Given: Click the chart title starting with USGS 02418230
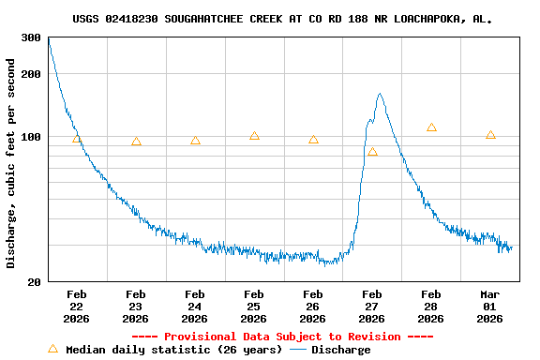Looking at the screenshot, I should [282, 19].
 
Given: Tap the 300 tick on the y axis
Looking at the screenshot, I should [31, 37].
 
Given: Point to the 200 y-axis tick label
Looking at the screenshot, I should [31, 73].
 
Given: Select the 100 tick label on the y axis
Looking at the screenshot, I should [31, 137].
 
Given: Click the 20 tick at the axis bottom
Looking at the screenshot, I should [34, 282].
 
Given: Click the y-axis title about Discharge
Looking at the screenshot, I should [11, 163].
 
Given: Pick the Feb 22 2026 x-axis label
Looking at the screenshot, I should [76, 307].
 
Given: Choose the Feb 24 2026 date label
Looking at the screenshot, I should [194, 307].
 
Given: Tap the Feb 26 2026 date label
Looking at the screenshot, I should [312, 307].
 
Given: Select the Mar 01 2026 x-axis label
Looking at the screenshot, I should [489, 307].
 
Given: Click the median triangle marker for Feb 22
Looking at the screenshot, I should [77, 139].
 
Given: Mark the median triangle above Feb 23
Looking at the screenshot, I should [136, 142].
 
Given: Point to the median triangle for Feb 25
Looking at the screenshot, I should [254, 136].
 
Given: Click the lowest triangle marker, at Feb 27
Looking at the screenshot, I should [372, 151].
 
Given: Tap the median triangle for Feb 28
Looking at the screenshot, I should [431, 127].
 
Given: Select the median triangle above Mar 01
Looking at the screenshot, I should [490, 135].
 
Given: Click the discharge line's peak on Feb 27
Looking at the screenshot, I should [380, 94].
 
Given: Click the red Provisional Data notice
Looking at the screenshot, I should [282, 337].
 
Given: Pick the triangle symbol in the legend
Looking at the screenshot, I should [52, 349].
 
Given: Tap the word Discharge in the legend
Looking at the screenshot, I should [340, 350].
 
